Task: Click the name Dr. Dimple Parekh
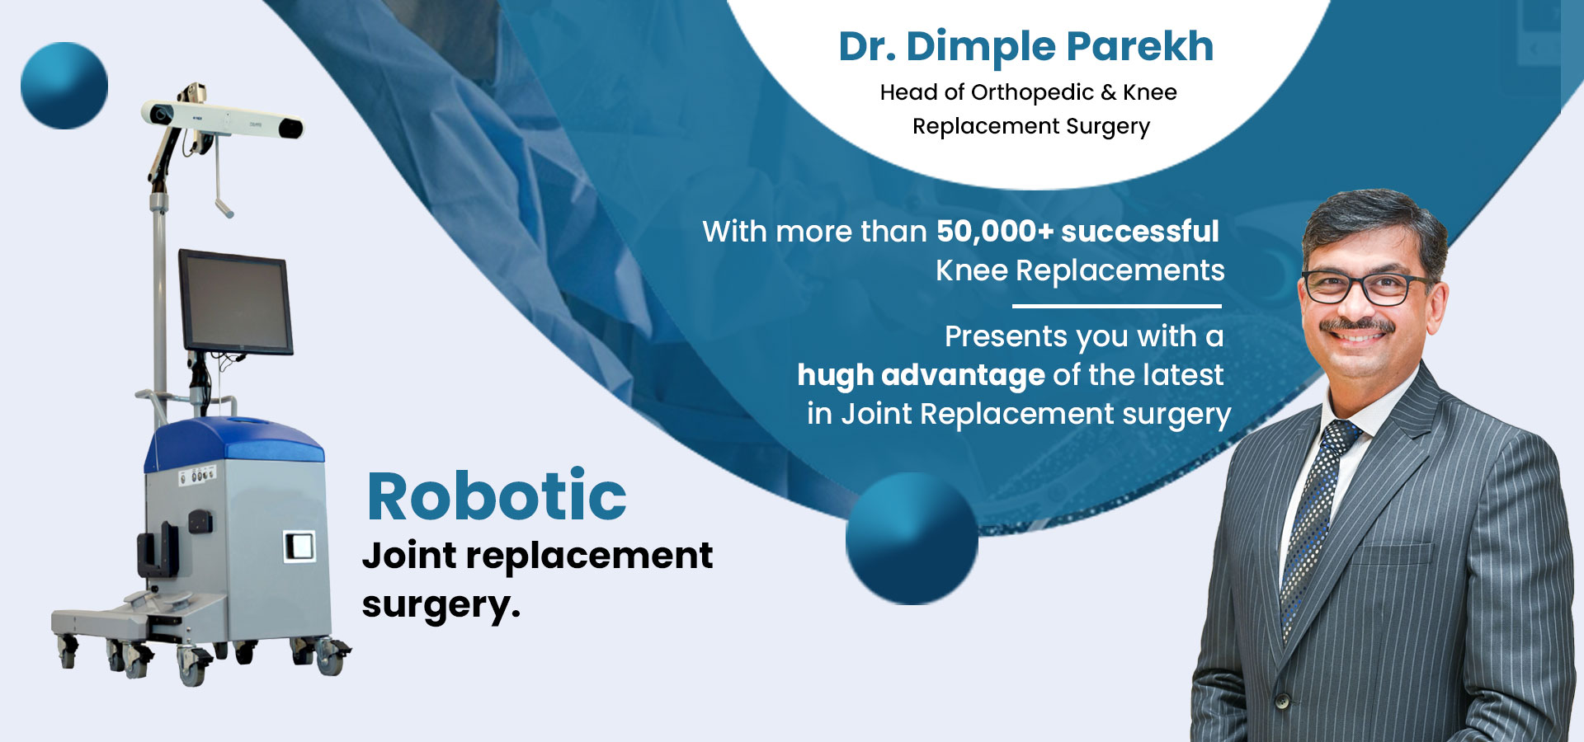(1026, 46)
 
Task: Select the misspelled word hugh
(835, 376)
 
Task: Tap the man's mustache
(1356, 325)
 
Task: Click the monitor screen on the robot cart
(235, 302)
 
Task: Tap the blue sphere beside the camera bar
(64, 86)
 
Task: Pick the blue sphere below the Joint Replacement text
(912, 538)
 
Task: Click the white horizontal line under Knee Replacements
(1117, 306)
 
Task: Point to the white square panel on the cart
(299, 546)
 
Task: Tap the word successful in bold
(1140, 232)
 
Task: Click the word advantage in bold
(963, 376)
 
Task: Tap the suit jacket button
(1282, 702)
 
